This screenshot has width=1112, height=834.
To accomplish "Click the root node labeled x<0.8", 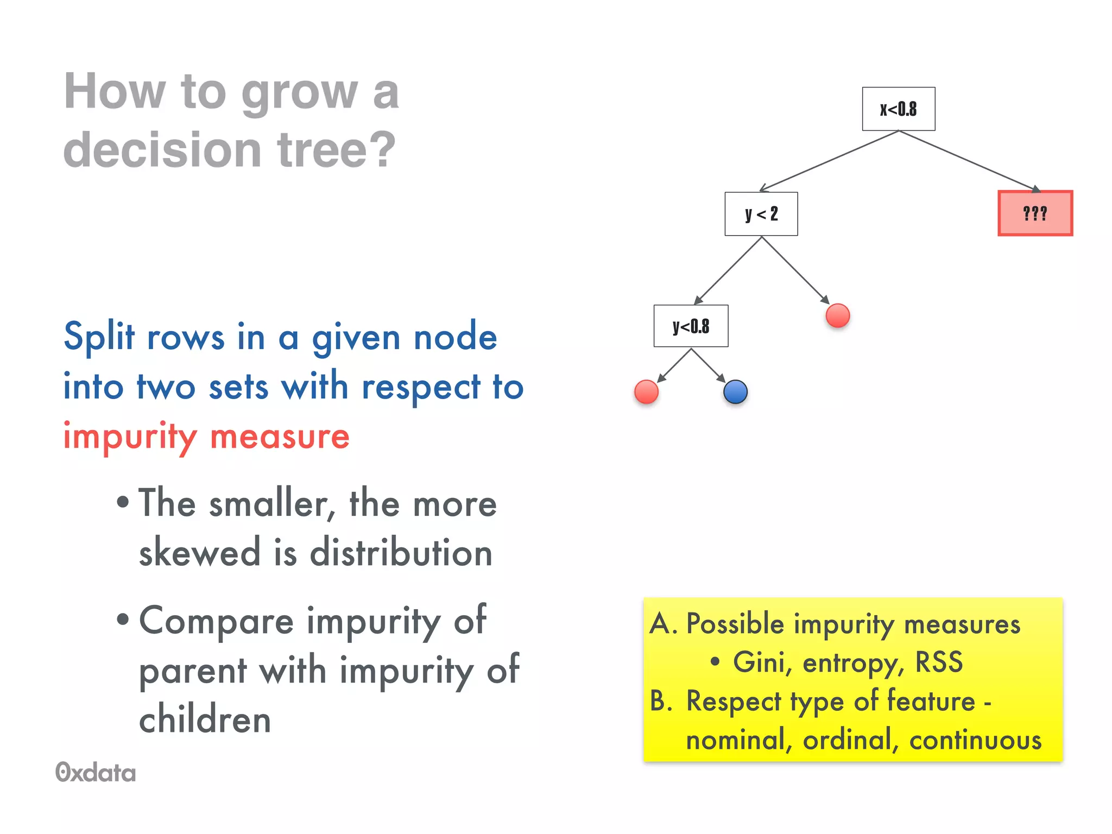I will [x=898, y=109].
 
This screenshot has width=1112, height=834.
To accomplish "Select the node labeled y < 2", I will [x=761, y=214].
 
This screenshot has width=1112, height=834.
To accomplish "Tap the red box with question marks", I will [x=1035, y=213].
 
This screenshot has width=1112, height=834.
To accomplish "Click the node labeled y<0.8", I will [x=691, y=326].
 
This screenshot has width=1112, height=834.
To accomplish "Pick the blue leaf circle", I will [x=735, y=391].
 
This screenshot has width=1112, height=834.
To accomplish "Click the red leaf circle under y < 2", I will [x=837, y=315].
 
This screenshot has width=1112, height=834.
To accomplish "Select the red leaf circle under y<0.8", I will [x=646, y=391].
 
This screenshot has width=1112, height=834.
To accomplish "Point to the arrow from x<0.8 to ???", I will [x=969, y=161].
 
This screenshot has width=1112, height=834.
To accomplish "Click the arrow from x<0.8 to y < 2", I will [x=829, y=161].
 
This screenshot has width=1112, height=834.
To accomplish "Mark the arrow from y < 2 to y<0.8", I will [x=728, y=270].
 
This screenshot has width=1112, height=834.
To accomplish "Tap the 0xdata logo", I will [x=96, y=772].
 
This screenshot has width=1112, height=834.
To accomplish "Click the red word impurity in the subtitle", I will [x=130, y=436].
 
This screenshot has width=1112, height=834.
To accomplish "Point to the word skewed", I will [x=199, y=552].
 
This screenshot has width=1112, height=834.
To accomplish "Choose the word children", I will [x=205, y=719].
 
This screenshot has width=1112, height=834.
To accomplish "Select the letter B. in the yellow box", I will [x=661, y=701].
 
